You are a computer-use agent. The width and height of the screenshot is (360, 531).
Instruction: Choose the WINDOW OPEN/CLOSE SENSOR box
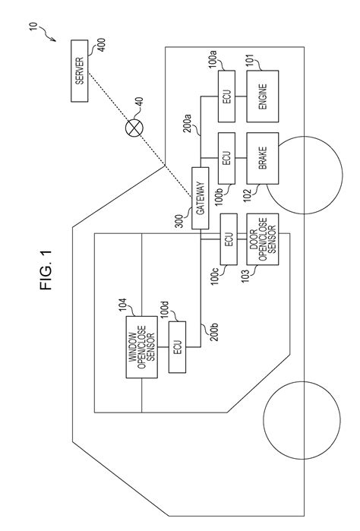click(x=143, y=347)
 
